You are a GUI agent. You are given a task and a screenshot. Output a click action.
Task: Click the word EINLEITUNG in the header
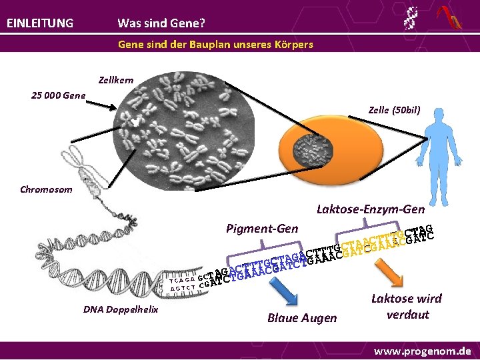click(x=40, y=23)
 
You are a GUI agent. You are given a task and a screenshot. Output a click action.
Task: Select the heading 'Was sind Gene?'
click(x=161, y=23)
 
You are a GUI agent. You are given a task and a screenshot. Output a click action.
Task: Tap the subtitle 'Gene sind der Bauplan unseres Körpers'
click(x=215, y=45)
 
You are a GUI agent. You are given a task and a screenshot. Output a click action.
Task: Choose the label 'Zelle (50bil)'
click(x=394, y=109)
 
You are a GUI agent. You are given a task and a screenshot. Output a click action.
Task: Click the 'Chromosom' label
click(x=46, y=189)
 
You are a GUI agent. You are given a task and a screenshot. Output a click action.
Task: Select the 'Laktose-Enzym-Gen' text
click(x=371, y=209)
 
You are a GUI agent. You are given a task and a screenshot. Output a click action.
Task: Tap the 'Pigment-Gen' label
click(x=262, y=229)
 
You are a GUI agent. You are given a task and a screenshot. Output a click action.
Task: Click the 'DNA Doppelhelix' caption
click(x=121, y=309)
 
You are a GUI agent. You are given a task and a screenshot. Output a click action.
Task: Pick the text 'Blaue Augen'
click(x=302, y=318)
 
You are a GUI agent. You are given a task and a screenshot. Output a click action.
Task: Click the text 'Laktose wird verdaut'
click(x=407, y=307)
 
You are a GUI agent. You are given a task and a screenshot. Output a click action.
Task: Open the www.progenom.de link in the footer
click(x=422, y=351)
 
